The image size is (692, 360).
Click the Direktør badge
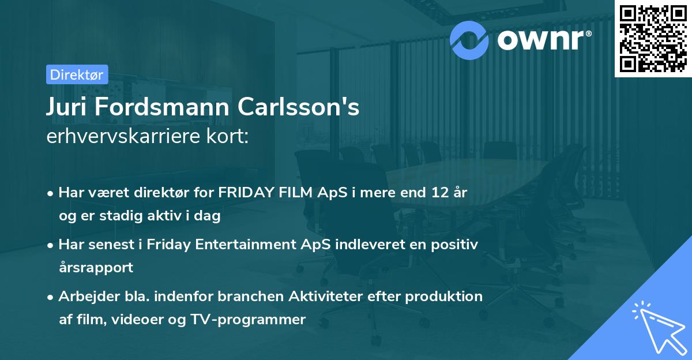[77, 74]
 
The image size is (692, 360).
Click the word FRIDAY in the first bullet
[244, 193]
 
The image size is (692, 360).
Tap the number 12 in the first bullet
[434, 193]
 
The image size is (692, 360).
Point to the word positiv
[455, 245]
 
